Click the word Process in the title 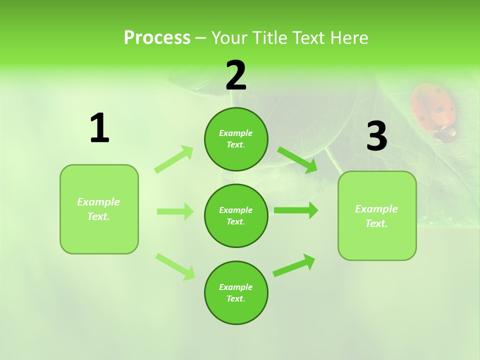[x=157, y=38]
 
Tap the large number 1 [x=99, y=128]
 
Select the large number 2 [x=236, y=75]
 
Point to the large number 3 [x=376, y=136]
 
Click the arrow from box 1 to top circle [x=174, y=159]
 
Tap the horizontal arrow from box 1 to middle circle [x=175, y=211]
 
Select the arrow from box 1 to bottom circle [x=175, y=266]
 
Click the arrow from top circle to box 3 [x=297, y=159]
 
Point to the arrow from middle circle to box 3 [x=295, y=210]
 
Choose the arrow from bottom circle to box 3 [x=294, y=265]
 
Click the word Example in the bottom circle [x=235, y=287]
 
